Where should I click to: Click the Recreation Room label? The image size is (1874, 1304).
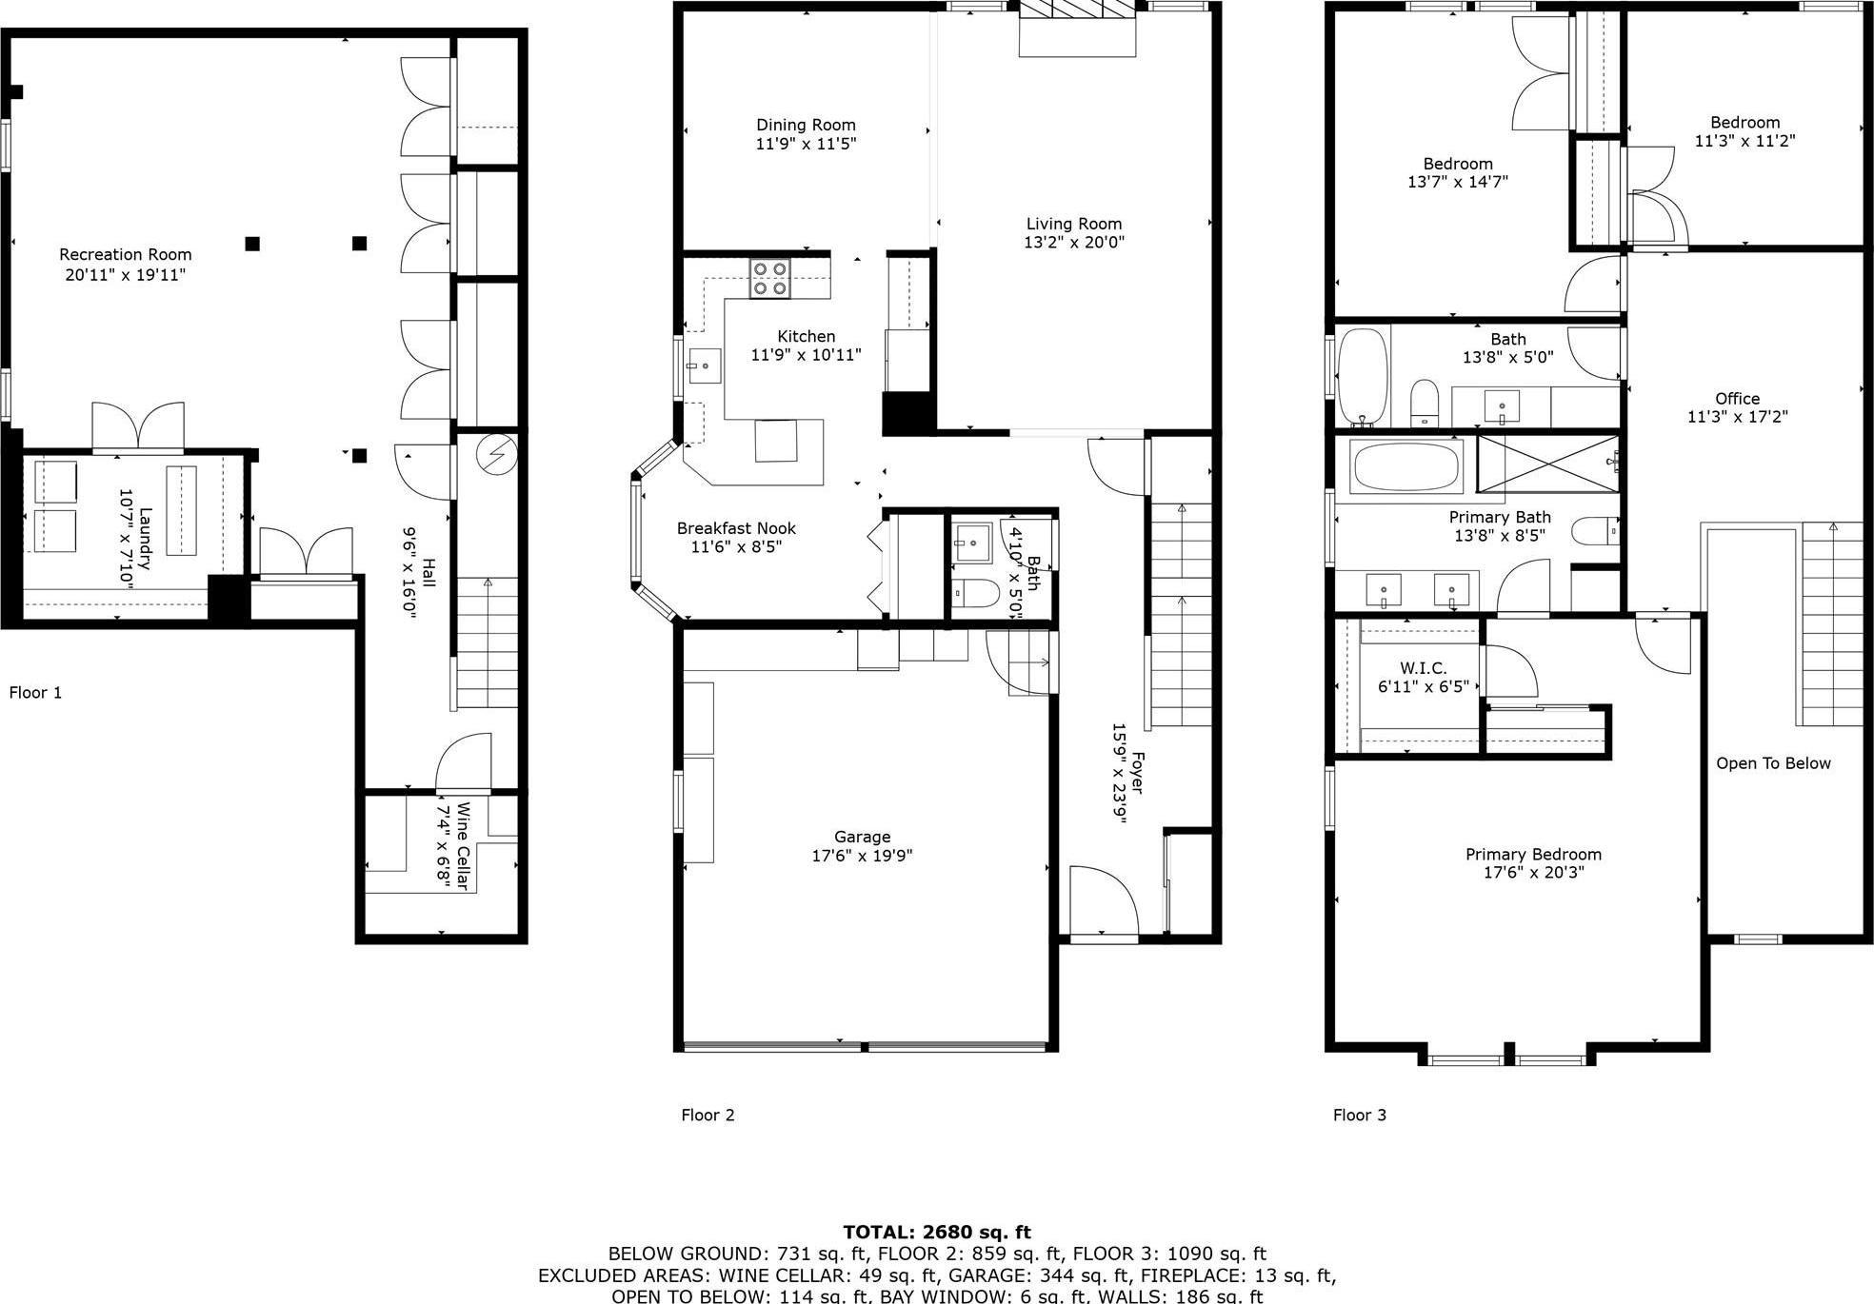pos(125,255)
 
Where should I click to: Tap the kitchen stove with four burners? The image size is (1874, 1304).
pos(769,279)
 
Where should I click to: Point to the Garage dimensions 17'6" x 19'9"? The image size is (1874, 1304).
pos(862,856)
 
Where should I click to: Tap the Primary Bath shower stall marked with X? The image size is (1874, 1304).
pos(1548,464)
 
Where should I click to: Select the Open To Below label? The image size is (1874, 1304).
pos(1773,763)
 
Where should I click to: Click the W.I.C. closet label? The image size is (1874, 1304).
pos(1423,668)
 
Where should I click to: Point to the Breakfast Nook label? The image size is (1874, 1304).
pos(736,528)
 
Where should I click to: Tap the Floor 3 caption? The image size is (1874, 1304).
pos(1359,1115)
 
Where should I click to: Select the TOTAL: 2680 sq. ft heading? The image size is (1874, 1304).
pos(936,1232)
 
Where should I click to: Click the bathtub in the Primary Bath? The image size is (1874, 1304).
pos(1405,467)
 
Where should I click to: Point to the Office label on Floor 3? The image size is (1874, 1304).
pos(1737,399)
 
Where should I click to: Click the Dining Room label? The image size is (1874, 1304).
pos(806,125)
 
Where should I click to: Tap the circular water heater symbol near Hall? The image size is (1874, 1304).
pos(496,454)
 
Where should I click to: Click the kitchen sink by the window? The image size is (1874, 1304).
pos(704,366)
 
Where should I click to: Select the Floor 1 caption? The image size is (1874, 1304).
pos(35,692)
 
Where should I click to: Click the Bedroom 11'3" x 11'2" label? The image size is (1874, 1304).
pos(1744,131)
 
